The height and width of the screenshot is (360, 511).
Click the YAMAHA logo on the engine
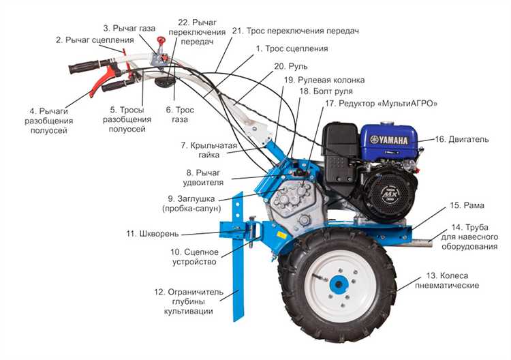[389, 140]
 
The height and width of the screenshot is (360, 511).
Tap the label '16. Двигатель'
[462, 139]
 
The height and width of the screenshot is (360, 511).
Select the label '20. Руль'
[291, 66]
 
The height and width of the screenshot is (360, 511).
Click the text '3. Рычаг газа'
[129, 28]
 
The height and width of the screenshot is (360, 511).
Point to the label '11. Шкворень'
[152, 233]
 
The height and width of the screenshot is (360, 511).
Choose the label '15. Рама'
[467, 205]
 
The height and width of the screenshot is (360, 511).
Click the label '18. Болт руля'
[326, 91]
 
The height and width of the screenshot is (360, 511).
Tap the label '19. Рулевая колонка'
[324, 80]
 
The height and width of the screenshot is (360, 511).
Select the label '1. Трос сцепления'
[292, 48]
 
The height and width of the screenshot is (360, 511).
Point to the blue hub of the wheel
[339, 284]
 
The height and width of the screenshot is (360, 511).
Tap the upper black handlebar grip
[84, 67]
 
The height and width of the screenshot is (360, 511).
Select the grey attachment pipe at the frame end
[420, 243]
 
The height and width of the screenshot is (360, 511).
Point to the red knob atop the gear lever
[161, 40]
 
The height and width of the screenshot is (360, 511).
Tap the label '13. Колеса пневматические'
[447, 280]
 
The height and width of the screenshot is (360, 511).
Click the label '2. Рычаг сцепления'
[95, 40]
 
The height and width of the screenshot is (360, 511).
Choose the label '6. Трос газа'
[180, 115]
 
